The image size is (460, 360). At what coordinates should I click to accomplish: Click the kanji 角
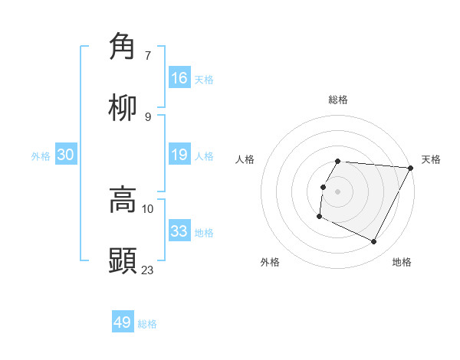pyautogui.click(x=123, y=47)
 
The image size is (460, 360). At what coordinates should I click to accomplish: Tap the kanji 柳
pyautogui.click(x=123, y=108)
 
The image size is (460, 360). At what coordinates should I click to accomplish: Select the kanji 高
pyautogui.click(x=123, y=200)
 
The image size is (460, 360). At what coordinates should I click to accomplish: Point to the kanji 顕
pyautogui.click(x=123, y=260)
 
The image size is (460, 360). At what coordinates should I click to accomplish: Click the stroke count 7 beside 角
pyautogui.click(x=148, y=56)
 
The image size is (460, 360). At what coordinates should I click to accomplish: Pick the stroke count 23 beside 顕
pyautogui.click(x=148, y=270)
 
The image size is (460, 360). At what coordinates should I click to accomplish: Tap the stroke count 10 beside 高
pyautogui.click(x=148, y=208)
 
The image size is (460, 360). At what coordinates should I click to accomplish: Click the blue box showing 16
pyautogui.click(x=179, y=77)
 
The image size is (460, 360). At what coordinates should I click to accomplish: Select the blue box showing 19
pyautogui.click(x=179, y=155)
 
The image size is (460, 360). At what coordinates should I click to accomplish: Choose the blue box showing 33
pyautogui.click(x=179, y=231)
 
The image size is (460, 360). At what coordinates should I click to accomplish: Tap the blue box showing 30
pyautogui.click(x=66, y=155)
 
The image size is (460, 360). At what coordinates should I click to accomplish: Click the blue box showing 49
pyautogui.click(x=123, y=322)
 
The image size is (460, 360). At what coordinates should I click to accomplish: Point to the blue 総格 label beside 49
pyautogui.click(x=147, y=324)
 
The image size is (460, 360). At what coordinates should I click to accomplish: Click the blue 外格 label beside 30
pyautogui.click(x=41, y=156)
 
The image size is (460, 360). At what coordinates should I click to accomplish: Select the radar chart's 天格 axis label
pyautogui.click(x=431, y=159)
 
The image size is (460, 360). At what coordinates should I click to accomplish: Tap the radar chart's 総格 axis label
pyautogui.click(x=338, y=100)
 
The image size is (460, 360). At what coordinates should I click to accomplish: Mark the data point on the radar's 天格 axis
pyautogui.click(x=411, y=168)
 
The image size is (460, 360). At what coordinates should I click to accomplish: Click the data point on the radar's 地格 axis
pyautogui.click(x=374, y=242)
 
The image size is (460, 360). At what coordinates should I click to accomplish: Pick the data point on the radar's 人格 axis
pyautogui.click(x=323, y=187)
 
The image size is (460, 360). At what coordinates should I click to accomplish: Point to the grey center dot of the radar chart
pyautogui.click(x=338, y=191)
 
